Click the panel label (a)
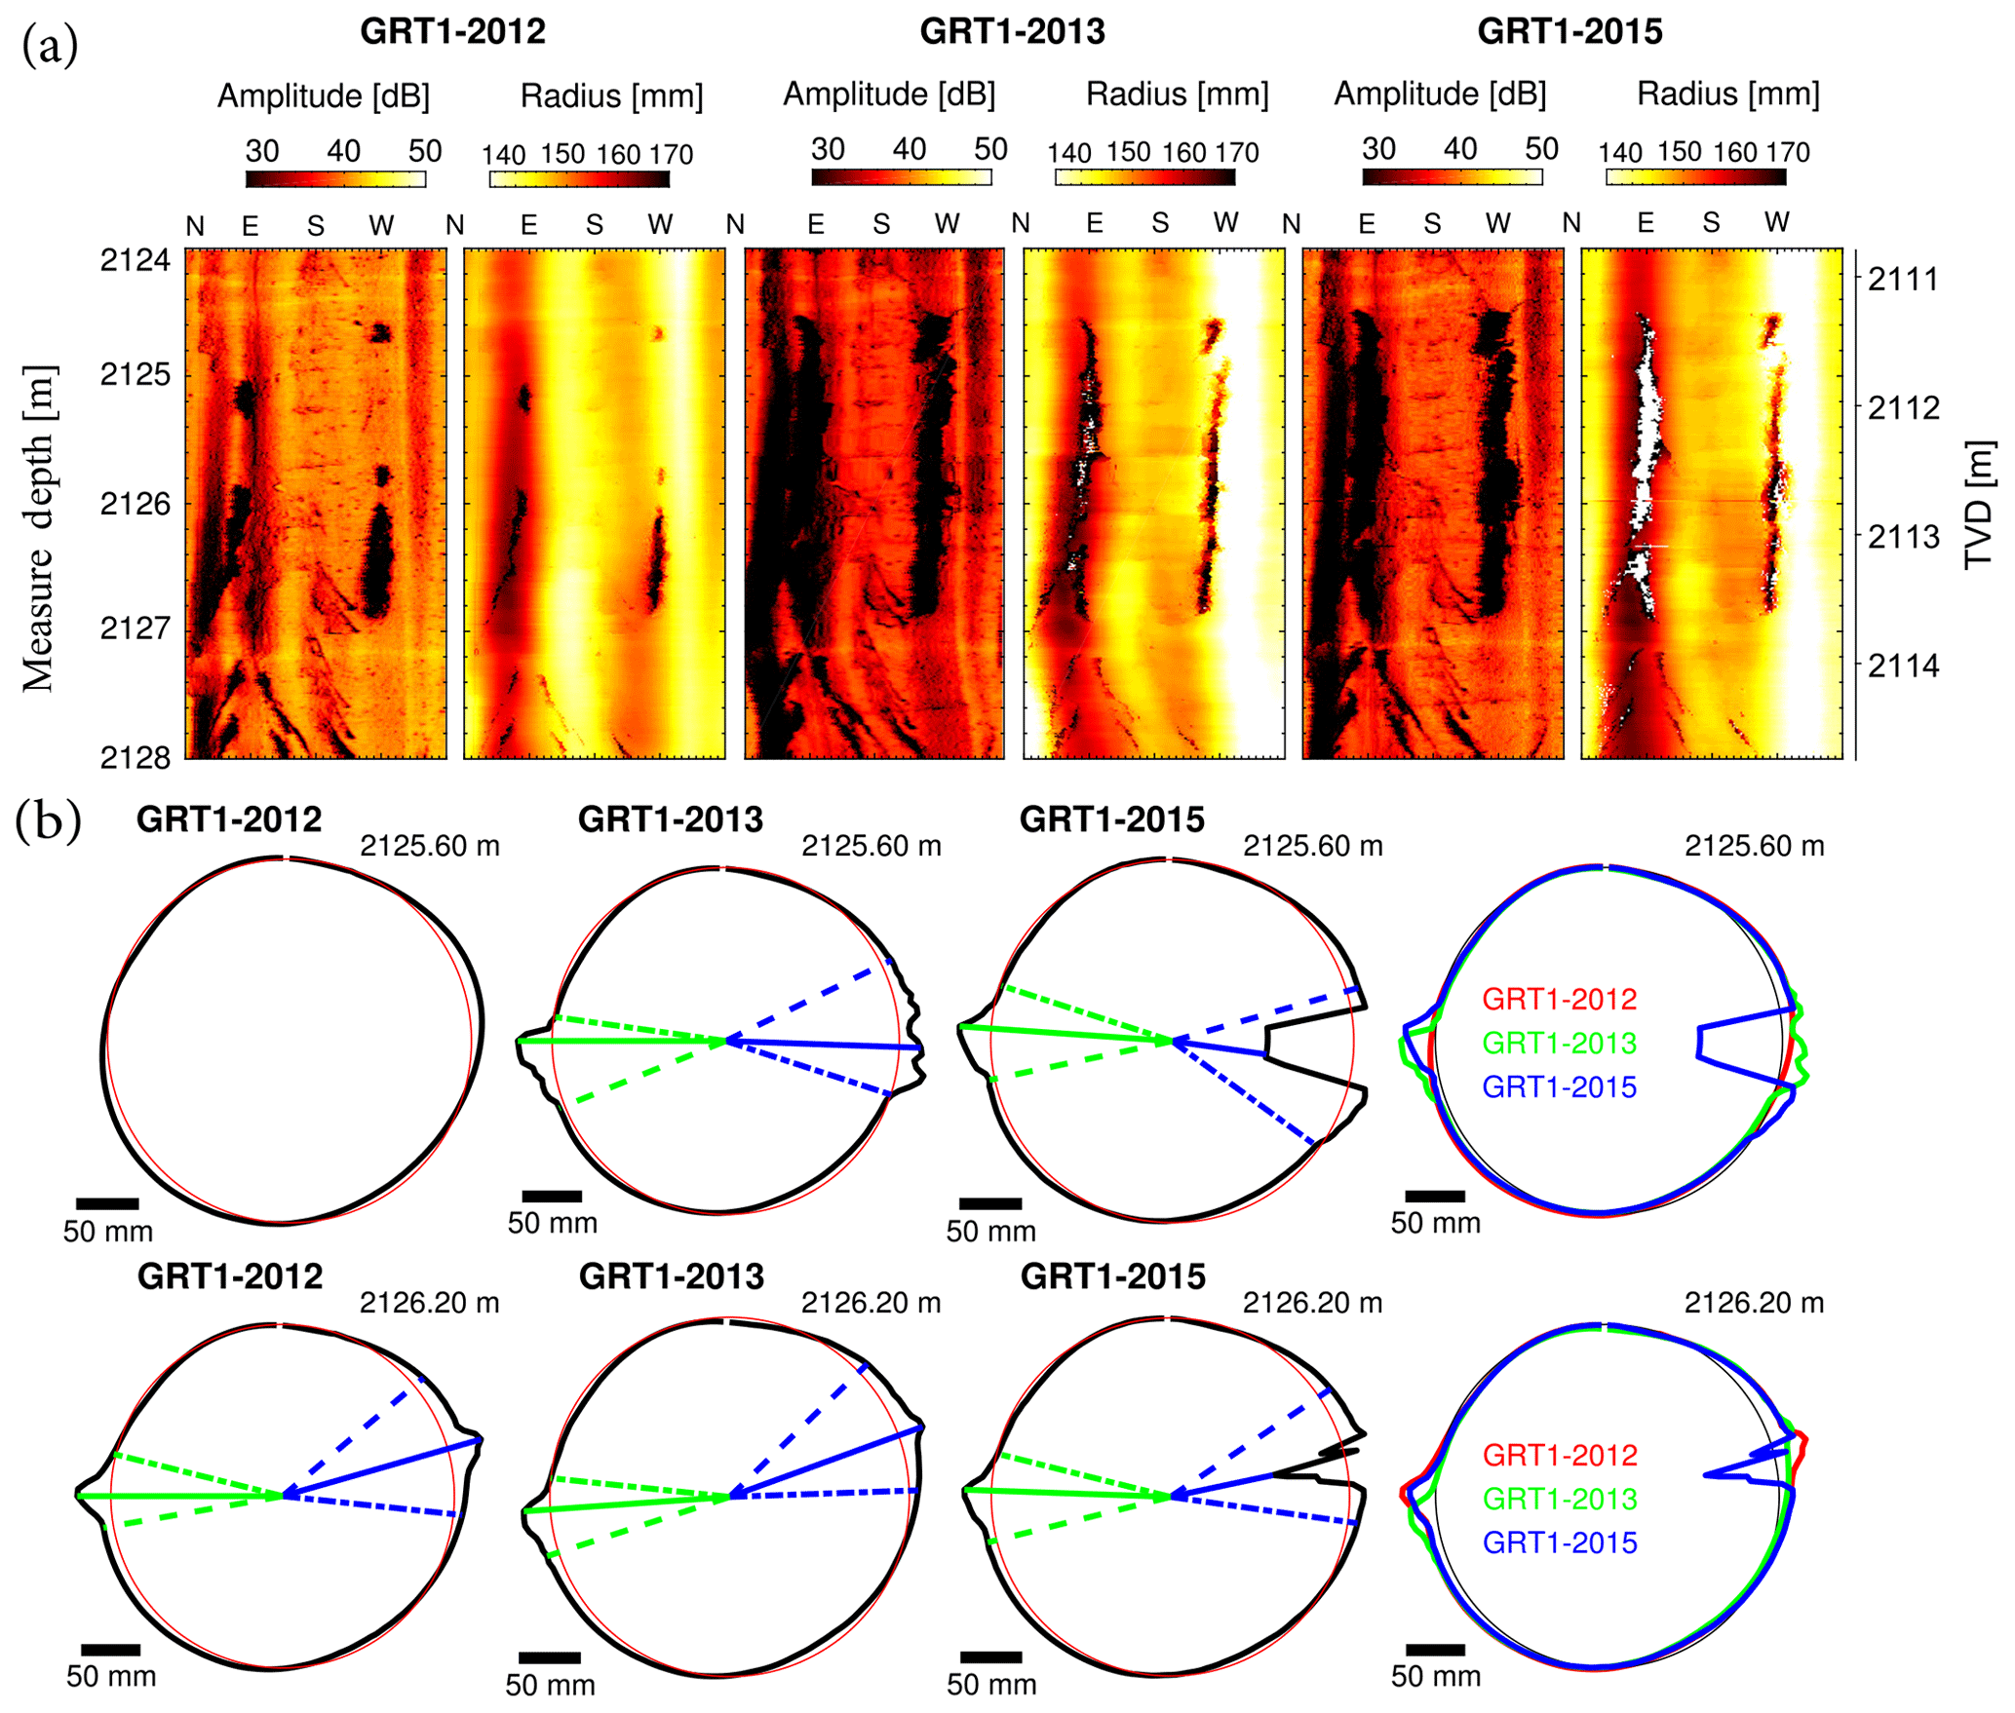[x=49, y=47]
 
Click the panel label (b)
[x=47, y=820]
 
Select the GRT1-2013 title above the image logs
[x=1012, y=32]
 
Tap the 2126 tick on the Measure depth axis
[x=135, y=504]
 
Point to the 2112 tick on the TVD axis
[x=1903, y=407]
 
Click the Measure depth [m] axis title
[x=39, y=528]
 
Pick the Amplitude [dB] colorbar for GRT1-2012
[x=335, y=179]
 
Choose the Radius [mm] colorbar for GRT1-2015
[x=1695, y=177]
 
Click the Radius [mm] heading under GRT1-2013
[x=1177, y=95]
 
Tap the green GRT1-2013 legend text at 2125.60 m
[x=1559, y=1043]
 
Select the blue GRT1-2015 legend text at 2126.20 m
[x=1559, y=1542]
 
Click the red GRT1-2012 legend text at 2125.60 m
[x=1559, y=999]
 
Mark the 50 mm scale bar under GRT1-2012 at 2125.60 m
[x=107, y=1204]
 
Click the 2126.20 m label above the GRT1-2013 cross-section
[x=871, y=1303]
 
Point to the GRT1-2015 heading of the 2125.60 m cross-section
[x=1111, y=819]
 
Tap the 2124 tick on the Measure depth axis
[x=135, y=260]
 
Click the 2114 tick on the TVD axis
[x=1903, y=666]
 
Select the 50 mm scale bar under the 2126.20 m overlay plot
[x=1435, y=1650]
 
